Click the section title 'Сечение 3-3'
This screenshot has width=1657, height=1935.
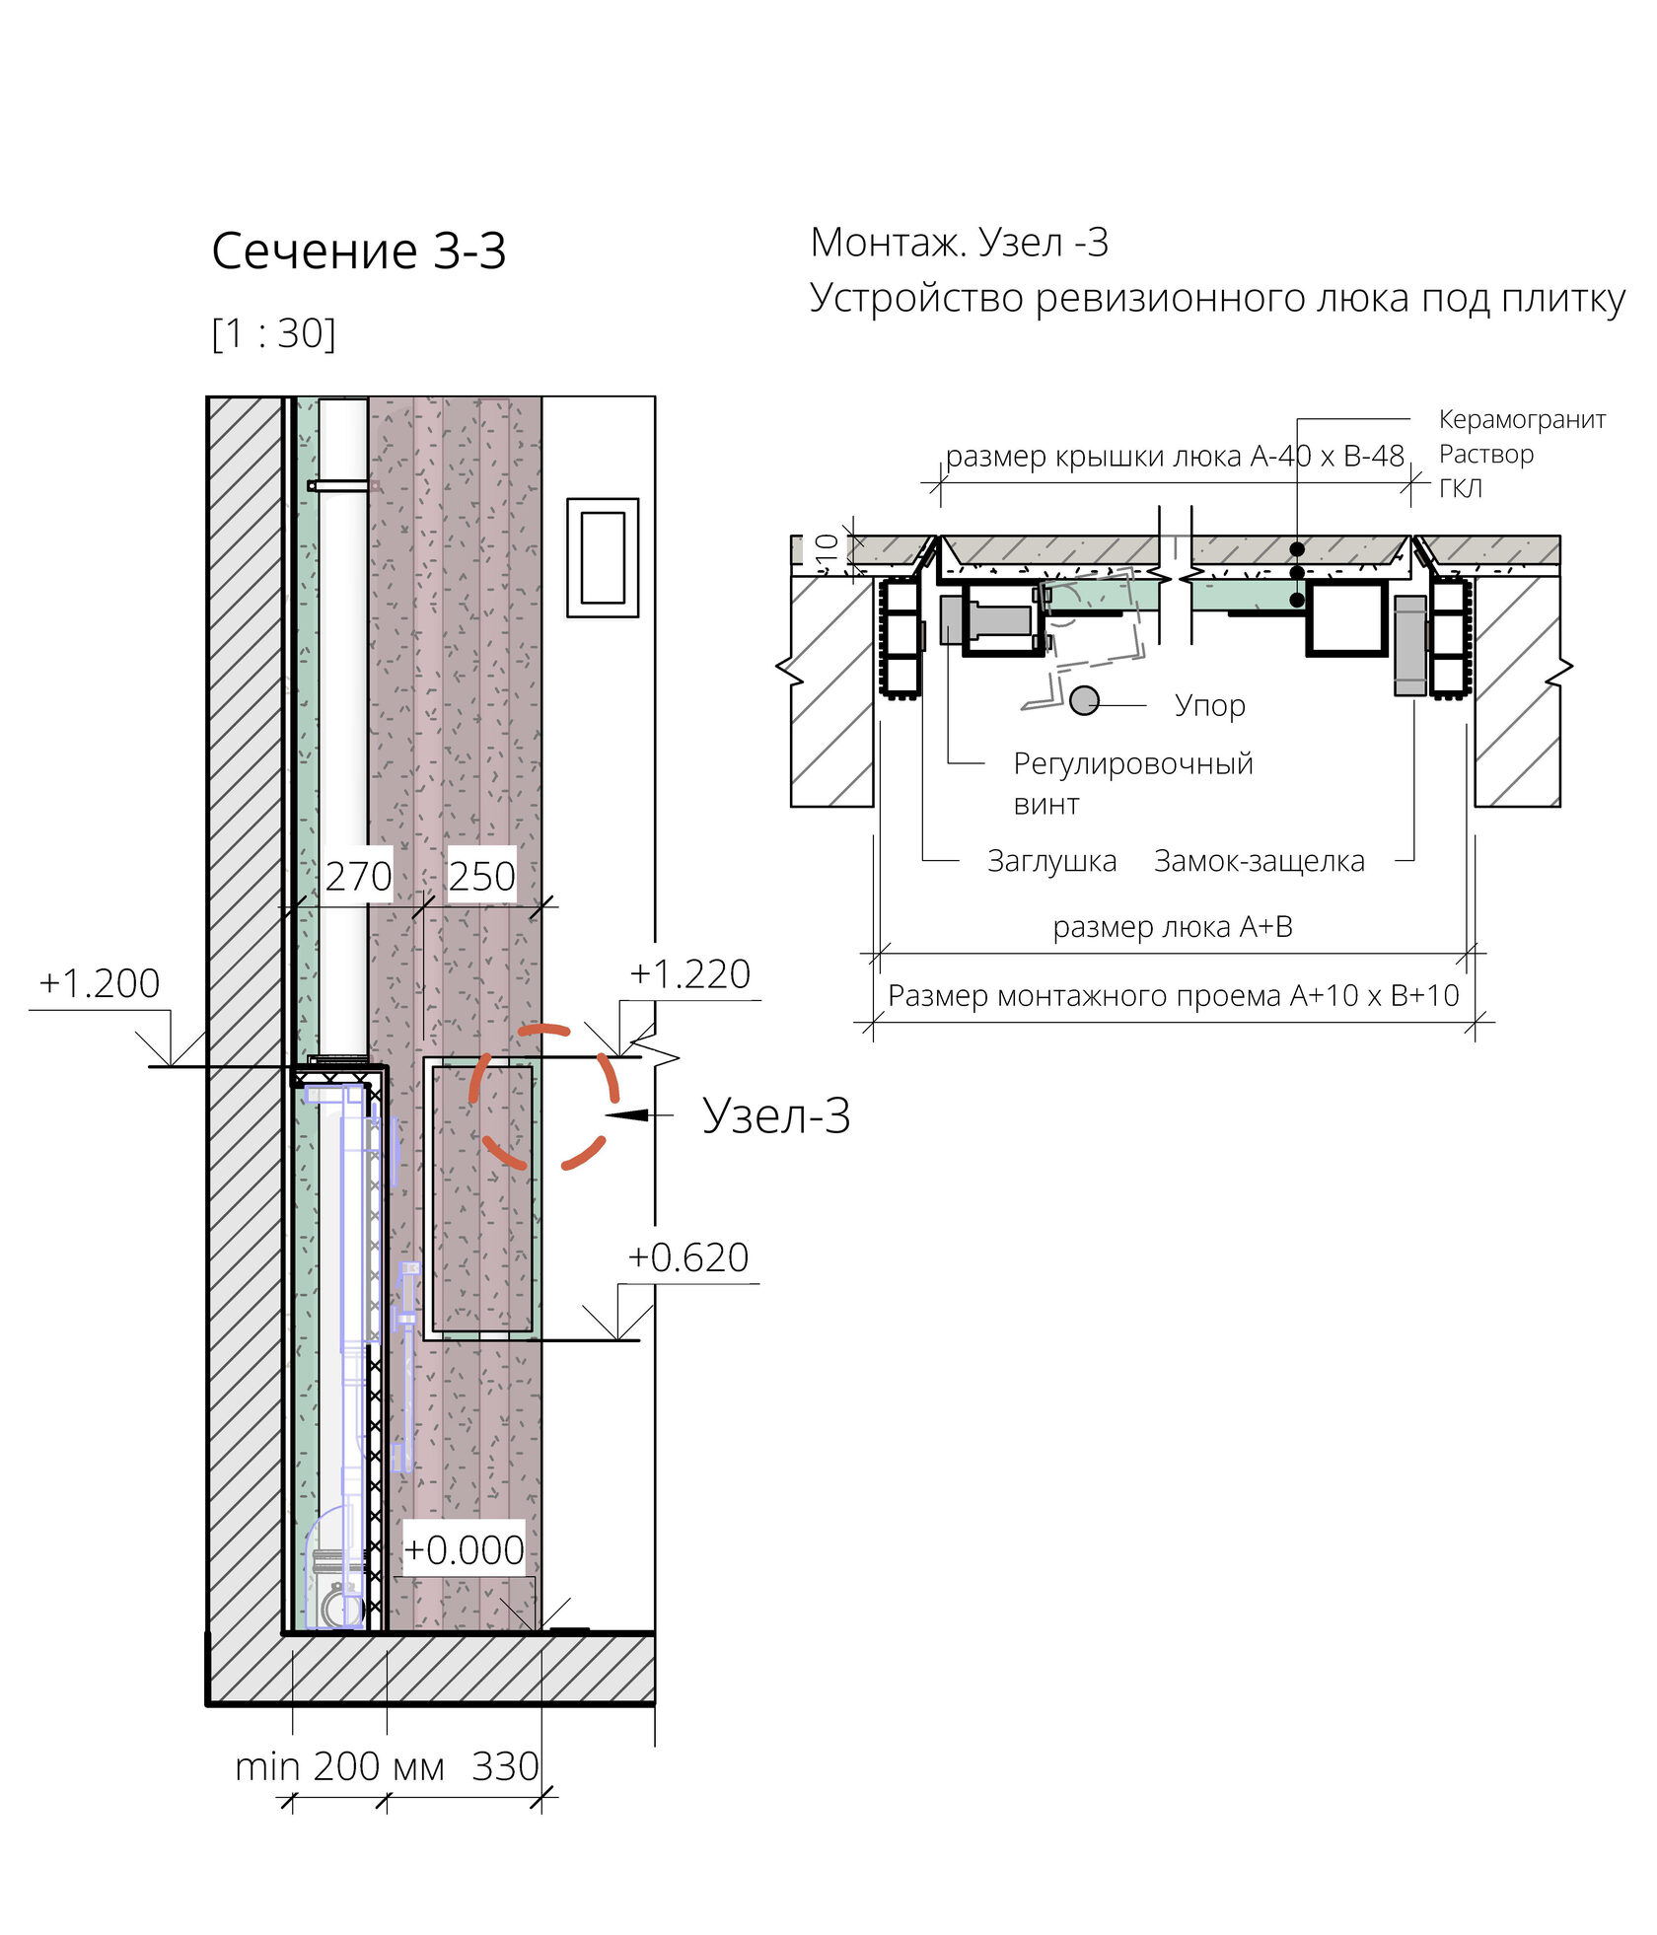coord(359,251)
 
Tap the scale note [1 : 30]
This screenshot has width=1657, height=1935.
coord(274,333)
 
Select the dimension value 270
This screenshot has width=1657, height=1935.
coord(358,876)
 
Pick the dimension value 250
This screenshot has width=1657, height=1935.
coord(481,876)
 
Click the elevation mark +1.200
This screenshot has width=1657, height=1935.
coord(99,983)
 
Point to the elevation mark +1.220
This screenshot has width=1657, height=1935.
coord(690,973)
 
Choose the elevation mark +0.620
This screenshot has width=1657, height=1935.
coord(688,1257)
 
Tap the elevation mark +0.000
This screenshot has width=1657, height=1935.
coord(464,1550)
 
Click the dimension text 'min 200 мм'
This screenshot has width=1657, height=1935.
coord(339,1766)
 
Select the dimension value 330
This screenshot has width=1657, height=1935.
coord(505,1766)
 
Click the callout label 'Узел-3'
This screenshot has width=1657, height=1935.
coord(776,1115)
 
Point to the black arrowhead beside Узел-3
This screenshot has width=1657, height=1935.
coord(628,1114)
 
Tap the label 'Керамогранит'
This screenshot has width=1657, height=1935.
coord(1522,419)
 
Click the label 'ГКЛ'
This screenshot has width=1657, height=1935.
coord(1460,488)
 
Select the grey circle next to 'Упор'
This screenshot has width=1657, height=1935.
coord(1084,700)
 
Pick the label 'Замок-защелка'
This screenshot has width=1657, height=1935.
coord(1260,861)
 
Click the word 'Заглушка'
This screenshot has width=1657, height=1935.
coord(1051,861)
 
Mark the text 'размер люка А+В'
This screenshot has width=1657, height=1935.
coord(1173,927)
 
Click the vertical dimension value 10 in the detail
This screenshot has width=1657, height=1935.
coord(828,548)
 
